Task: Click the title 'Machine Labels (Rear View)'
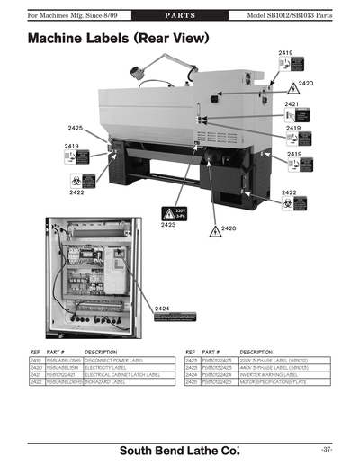pos(119,40)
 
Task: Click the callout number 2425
pos(75,129)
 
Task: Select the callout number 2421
pos(291,104)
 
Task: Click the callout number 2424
pos(163,309)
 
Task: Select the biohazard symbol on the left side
pos(65,181)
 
